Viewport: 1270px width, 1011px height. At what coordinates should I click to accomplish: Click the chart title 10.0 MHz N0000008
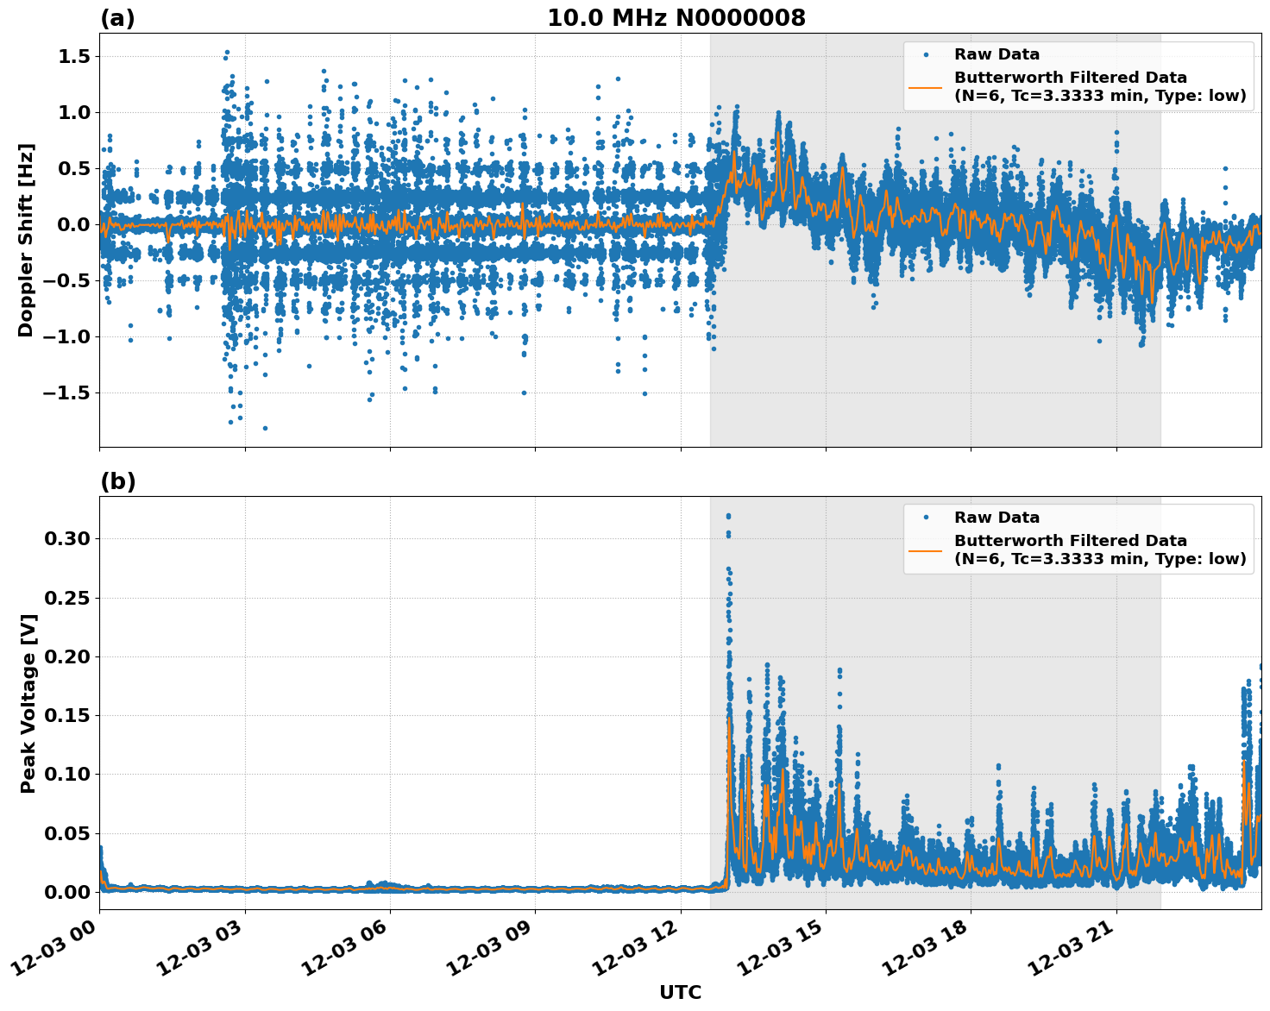676,18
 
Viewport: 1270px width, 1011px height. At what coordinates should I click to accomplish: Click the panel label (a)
117,18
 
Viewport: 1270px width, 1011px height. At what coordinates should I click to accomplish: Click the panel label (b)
117,481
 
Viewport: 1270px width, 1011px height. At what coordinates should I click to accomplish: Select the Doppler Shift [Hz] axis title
26,240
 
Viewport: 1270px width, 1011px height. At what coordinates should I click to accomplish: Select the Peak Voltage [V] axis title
28,703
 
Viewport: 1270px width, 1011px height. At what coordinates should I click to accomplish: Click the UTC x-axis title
680,992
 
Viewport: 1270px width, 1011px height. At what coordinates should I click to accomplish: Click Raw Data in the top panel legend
997,54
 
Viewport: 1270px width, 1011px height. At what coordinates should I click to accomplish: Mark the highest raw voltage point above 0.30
728,516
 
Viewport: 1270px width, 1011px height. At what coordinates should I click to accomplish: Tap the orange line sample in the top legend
926,87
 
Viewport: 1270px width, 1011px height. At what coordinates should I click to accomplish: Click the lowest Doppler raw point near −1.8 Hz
265,428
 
